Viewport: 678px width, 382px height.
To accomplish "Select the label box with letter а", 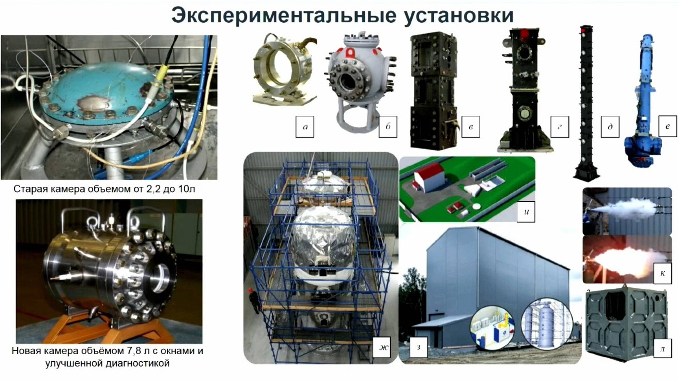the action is tap(305, 127).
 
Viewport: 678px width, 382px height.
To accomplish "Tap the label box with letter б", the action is tap(388, 127).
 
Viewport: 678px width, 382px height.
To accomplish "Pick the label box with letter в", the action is tap(471, 127).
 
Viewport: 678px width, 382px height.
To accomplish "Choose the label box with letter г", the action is tap(560, 127).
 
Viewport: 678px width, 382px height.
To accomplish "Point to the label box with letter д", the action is tap(610, 127).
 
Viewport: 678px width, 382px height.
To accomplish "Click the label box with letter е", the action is tap(667, 126).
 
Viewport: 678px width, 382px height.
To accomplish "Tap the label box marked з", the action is tap(418, 347).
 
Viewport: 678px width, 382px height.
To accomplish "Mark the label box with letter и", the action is tap(526, 212).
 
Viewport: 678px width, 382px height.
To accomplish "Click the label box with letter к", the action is tap(662, 273).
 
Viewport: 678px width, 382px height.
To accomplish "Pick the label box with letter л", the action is tap(662, 349).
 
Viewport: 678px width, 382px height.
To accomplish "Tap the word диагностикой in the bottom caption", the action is tap(138, 364).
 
